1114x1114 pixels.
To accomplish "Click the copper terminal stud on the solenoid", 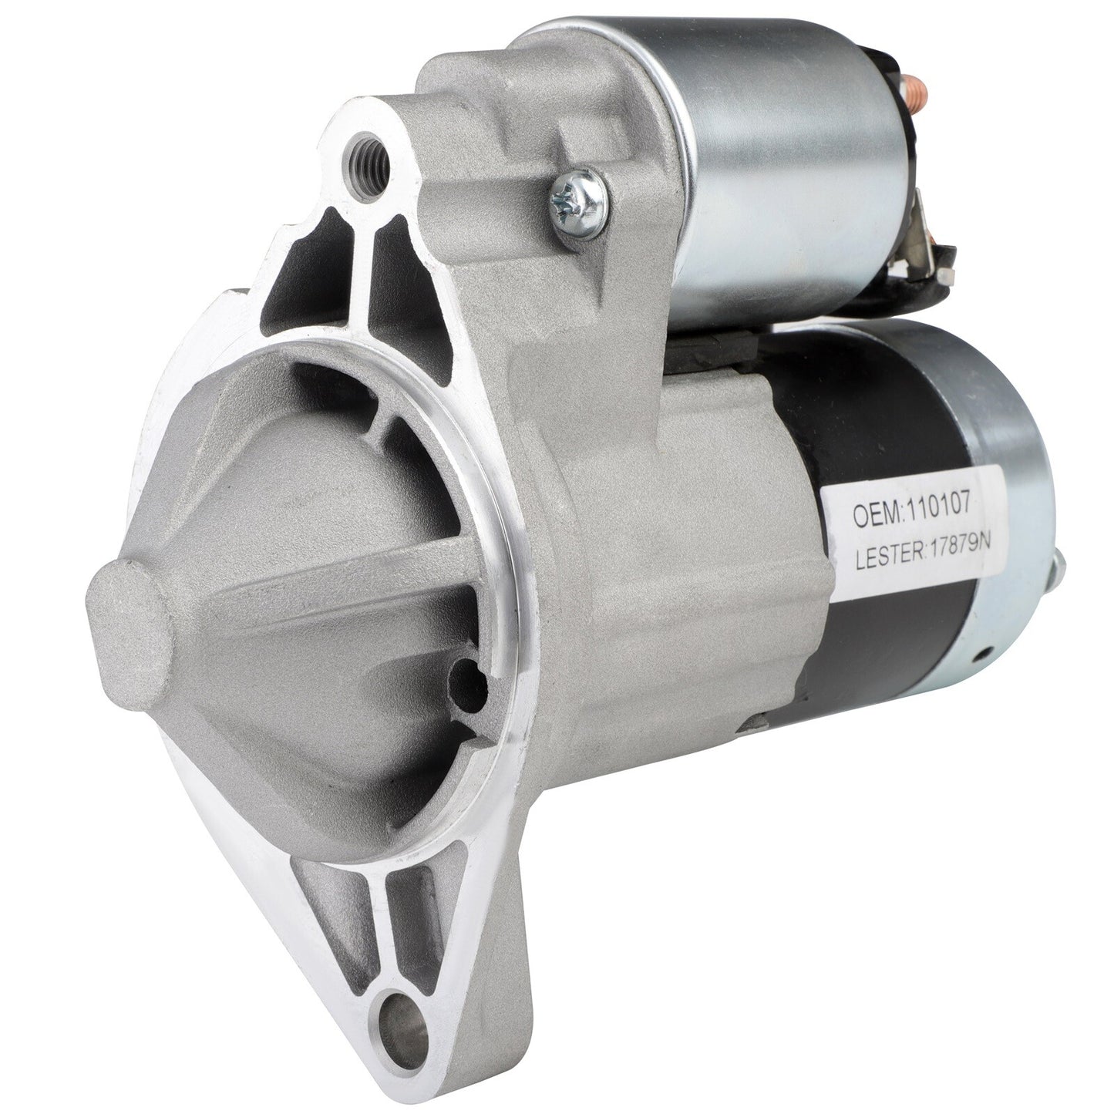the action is pyautogui.click(x=919, y=86).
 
